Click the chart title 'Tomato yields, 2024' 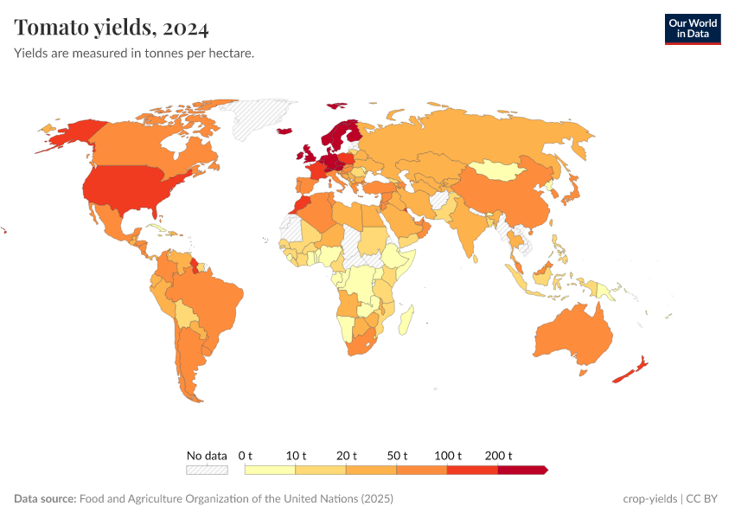point(112,28)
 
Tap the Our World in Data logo point(692,29)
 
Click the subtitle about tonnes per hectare point(133,54)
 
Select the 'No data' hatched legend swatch point(207,470)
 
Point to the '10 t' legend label point(297,455)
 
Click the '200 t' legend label point(499,455)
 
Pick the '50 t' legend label point(398,455)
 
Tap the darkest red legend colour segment point(521,470)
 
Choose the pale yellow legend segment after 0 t point(270,470)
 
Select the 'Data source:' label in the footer point(45,499)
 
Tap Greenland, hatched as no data point(264,117)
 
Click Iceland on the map point(284,131)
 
